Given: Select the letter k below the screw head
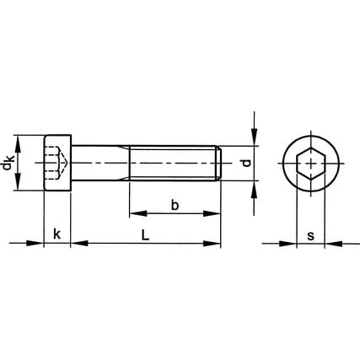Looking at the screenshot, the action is point(57,234).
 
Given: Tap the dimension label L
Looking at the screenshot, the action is point(145,235).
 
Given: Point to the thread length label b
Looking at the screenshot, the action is point(175,206).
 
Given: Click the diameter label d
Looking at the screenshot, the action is point(246,163).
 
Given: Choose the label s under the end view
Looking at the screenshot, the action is point(310,236).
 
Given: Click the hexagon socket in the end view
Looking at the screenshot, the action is point(311,164).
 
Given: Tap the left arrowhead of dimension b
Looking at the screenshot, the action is point(138,213).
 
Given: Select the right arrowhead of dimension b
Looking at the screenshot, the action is point(212,213).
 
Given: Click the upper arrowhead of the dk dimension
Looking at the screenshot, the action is point(18,144).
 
